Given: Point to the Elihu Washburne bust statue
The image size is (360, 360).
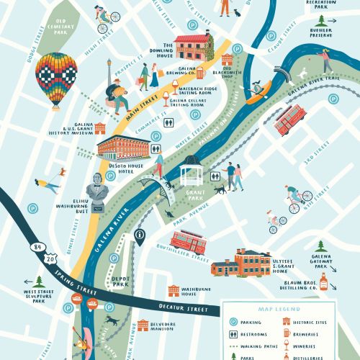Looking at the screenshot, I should point(98,193).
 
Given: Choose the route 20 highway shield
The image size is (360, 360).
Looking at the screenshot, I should point(48,256).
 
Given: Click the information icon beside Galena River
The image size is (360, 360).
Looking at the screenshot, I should point(140,235).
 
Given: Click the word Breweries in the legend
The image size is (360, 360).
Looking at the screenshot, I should point(310,333).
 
